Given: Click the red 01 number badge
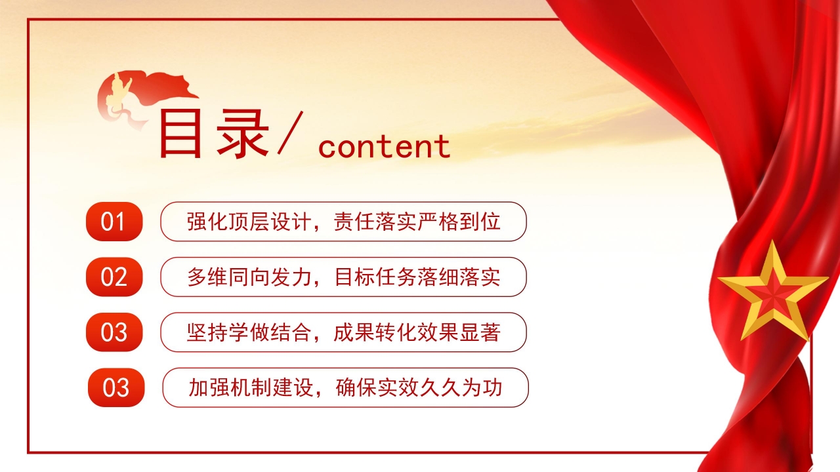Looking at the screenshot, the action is [x=114, y=222].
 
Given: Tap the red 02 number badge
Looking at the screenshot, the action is [x=114, y=277].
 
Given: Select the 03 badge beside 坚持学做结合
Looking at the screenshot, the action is [x=114, y=332].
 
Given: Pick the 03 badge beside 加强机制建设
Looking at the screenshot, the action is [x=116, y=387].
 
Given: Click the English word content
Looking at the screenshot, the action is [x=384, y=146].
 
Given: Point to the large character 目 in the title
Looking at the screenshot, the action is [x=180, y=134].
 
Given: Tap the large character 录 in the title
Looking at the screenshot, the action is [x=243, y=134].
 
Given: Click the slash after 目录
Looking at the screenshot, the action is [x=290, y=133].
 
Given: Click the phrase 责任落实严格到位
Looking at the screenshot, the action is [x=417, y=222].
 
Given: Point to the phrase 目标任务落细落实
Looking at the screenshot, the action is [x=417, y=277].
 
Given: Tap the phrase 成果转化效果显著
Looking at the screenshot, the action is [x=417, y=332].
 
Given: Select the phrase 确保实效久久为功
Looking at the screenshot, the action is [x=419, y=387].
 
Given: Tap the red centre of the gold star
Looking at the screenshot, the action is [x=772, y=296].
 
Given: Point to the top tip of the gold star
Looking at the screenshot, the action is [x=772, y=241].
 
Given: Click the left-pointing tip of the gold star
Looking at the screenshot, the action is [x=718, y=279].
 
